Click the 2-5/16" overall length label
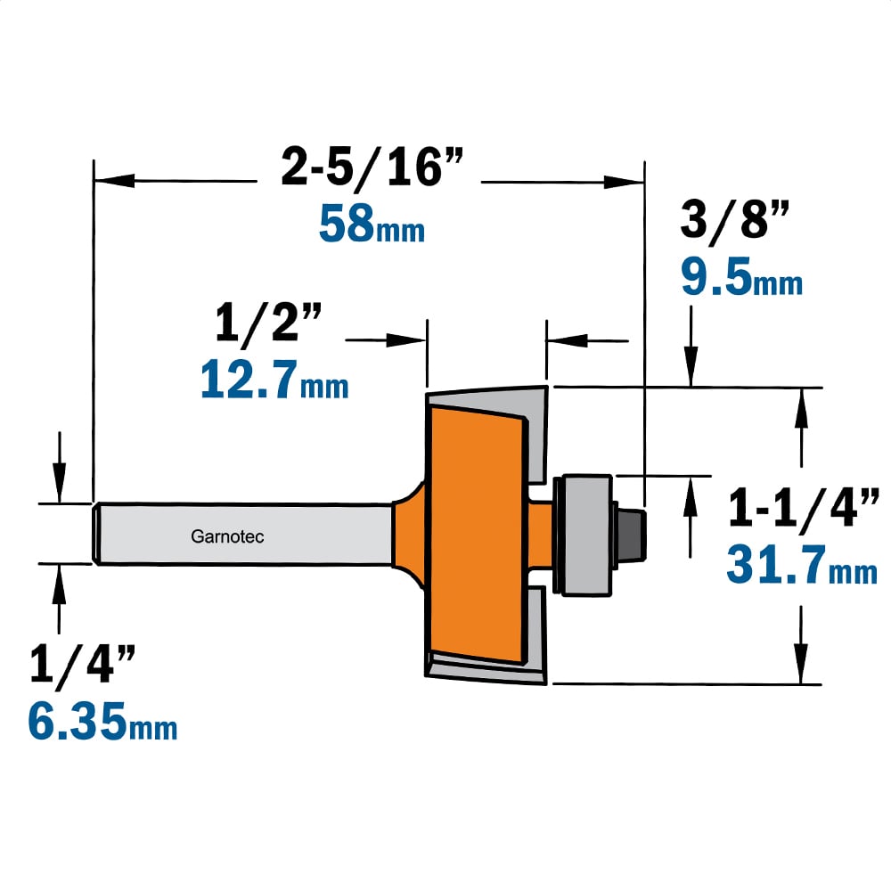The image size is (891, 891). (372, 166)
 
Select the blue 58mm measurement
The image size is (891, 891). (372, 224)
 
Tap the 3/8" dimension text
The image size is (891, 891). (735, 219)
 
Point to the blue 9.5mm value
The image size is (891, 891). (741, 277)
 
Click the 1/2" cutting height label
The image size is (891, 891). (269, 322)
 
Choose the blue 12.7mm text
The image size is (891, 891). (274, 379)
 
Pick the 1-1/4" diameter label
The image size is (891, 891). (804, 508)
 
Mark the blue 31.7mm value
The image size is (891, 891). (802, 564)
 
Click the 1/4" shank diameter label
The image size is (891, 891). (82, 664)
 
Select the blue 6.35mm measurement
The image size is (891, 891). (102, 721)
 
